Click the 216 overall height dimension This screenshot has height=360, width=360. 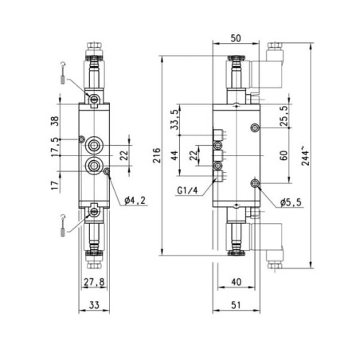157,155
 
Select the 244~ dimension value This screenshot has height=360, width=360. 305,155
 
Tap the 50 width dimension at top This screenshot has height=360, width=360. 236,38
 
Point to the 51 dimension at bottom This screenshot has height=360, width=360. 236,305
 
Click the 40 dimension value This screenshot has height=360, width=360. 236,282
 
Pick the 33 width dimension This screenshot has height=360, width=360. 94,305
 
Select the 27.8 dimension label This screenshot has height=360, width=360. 94,282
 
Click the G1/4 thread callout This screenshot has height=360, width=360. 187,190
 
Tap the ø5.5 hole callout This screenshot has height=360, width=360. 291,202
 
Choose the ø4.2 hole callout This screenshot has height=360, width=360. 135,201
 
